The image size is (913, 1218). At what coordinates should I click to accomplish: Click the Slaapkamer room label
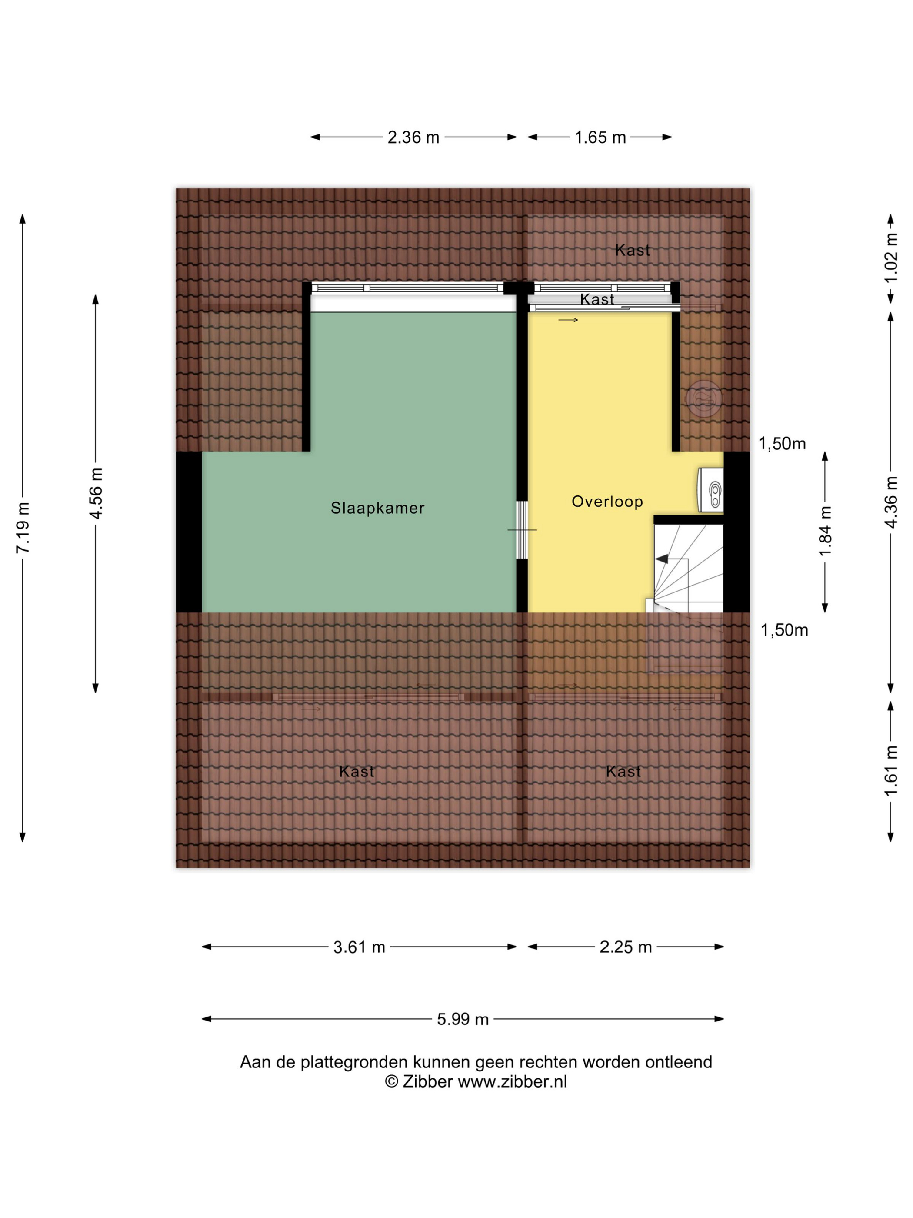[x=377, y=508]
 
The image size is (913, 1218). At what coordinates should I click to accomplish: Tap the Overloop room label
[x=607, y=502]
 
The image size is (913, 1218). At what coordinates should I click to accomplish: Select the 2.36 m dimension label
[x=413, y=137]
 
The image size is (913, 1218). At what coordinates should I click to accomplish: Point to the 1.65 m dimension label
[x=600, y=137]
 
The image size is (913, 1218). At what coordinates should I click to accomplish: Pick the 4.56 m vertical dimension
[x=96, y=493]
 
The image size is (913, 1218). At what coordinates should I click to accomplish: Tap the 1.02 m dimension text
[x=891, y=258]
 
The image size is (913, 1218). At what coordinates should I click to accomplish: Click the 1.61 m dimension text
[x=891, y=771]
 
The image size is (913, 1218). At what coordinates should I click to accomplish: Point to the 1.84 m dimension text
[x=825, y=532]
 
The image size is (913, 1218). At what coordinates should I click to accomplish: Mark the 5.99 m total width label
[x=463, y=1019]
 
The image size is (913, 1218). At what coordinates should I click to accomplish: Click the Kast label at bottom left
[x=357, y=771]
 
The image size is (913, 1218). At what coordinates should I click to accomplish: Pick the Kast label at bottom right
[x=623, y=771]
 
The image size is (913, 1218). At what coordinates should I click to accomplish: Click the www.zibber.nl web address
[x=512, y=1082]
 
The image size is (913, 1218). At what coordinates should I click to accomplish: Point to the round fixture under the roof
[x=704, y=398]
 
